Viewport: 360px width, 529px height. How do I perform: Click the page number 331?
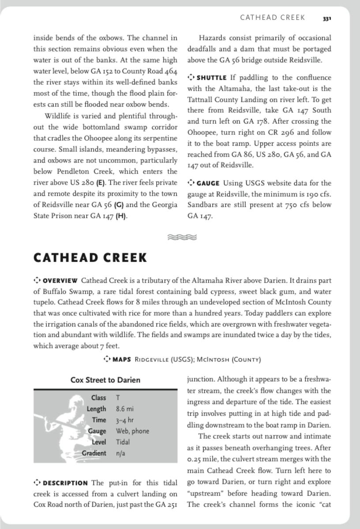tap(326, 19)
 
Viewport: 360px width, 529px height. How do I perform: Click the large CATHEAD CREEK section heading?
tap(90, 258)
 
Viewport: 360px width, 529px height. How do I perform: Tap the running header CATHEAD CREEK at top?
tap(272, 18)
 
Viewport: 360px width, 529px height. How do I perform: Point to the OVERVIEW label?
tap(60, 281)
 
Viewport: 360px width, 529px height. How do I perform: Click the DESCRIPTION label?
tap(65, 483)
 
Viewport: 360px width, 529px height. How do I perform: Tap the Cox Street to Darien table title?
tap(105, 380)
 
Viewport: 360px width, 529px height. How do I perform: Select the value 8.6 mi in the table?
tap(125, 409)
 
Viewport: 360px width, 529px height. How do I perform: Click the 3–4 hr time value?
tap(124, 420)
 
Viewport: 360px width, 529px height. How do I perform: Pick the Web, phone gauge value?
tap(132, 431)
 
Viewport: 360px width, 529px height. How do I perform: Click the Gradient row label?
tap(94, 453)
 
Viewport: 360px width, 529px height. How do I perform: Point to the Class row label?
tap(98, 398)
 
